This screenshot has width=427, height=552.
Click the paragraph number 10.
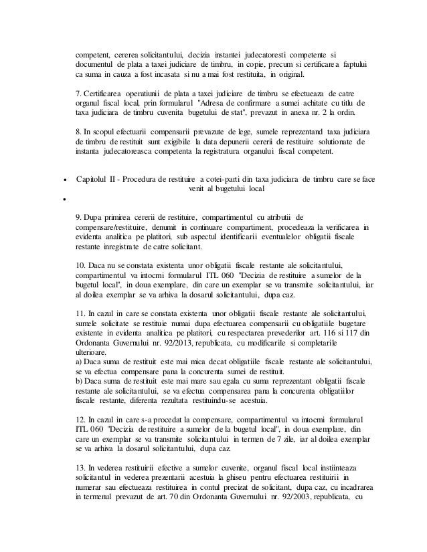pyautogui.click(x=80, y=264)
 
